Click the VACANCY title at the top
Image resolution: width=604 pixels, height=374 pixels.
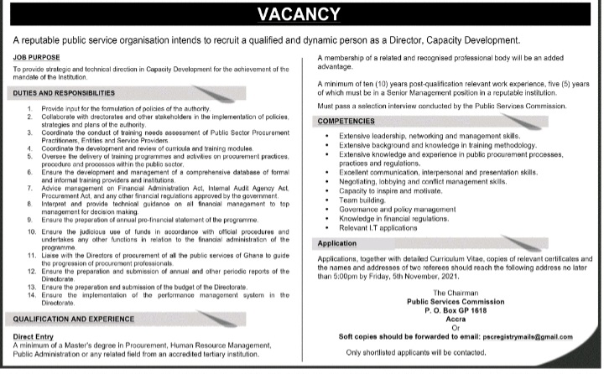pyautogui.click(x=299, y=14)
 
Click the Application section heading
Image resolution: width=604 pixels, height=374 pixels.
pyautogui.click(x=338, y=243)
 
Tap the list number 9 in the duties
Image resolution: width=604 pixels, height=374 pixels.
pyautogui.click(x=29, y=219)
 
